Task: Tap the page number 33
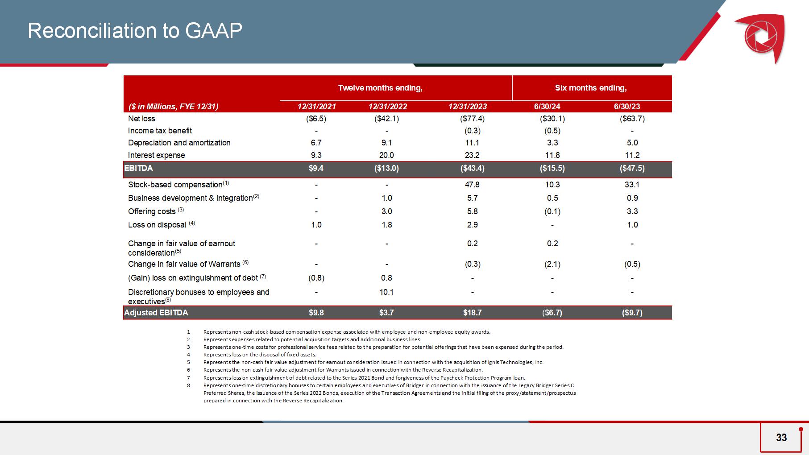tap(781, 438)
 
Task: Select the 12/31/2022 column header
tap(387, 107)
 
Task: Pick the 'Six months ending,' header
tap(591, 88)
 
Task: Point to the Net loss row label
tap(141, 119)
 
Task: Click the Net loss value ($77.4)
tap(472, 119)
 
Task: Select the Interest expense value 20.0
tap(387, 155)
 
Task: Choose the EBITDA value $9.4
tap(316, 168)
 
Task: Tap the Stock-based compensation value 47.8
tap(472, 185)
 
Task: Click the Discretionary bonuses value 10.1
tap(387, 292)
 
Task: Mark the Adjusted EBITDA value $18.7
tap(472, 313)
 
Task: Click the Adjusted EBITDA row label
tap(156, 313)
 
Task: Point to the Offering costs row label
tap(152, 211)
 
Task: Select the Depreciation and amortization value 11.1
tap(472, 143)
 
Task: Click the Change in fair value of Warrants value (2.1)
tap(552, 264)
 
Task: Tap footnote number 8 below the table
tap(188, 385)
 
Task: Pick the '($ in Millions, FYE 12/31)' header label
tap(174, 107)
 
